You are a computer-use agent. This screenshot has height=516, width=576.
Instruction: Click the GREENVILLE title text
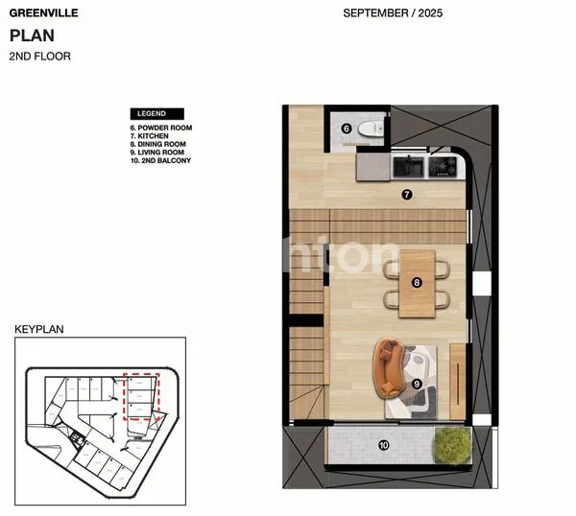[43, 14]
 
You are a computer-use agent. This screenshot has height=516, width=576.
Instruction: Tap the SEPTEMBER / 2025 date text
[393, 14]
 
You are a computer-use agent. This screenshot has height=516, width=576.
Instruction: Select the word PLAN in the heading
[33, 36]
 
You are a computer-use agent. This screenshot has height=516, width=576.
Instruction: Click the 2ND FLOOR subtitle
[39, 57]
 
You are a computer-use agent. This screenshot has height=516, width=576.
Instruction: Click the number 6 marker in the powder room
[347, 128]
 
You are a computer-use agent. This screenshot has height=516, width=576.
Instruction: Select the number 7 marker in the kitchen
[406, 195]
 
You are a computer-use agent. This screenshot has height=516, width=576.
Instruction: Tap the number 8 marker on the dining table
[417, 282]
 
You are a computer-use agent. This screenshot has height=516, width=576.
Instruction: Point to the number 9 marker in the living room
[417, 384]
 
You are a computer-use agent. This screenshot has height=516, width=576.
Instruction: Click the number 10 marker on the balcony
[383, 445]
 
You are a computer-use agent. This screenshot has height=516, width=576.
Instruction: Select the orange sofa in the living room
[388, 367]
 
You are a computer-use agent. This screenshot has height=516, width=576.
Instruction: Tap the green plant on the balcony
[451, 445]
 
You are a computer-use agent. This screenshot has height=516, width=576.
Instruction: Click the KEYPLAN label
[37, 329]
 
